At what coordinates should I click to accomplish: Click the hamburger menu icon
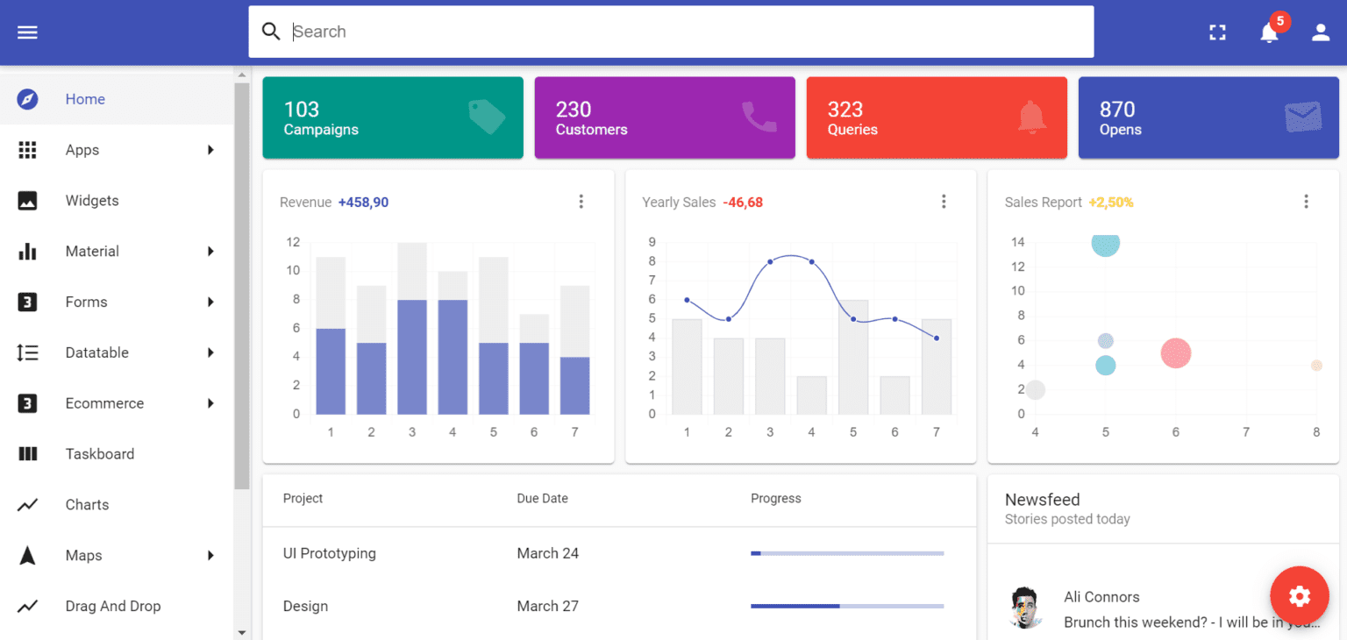coord(27,32)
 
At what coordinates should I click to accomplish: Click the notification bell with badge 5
coord(1269,32)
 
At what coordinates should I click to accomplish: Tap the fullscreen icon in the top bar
coord(1217,32)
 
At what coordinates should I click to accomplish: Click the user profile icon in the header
coord(1321,32)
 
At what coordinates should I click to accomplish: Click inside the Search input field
coord(671,32)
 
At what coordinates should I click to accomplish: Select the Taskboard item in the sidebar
coord(99,454)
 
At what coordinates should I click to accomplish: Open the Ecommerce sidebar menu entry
coord(104,403)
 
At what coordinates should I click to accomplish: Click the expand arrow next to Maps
coord(210,555)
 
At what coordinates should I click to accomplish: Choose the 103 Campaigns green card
coord(393,117)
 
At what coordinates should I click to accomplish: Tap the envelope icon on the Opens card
coord(1302,117)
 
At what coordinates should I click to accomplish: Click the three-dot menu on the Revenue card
coord(581,202)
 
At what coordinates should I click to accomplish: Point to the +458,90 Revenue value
coord(363,203)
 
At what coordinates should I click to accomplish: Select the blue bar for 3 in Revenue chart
coord(412,357)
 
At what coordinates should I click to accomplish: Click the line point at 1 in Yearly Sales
coord(687,300)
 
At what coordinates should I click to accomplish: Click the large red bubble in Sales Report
coord(1175,353)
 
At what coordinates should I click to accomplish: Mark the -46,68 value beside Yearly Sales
coord(743,203)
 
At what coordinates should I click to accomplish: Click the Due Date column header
coord(542,498)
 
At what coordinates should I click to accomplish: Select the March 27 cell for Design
coord(547,606)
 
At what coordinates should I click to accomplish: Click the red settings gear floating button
coord(1299,596)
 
